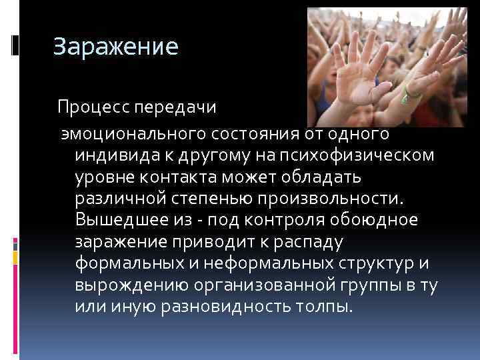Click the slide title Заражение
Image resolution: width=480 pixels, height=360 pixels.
[x=116, y=47]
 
